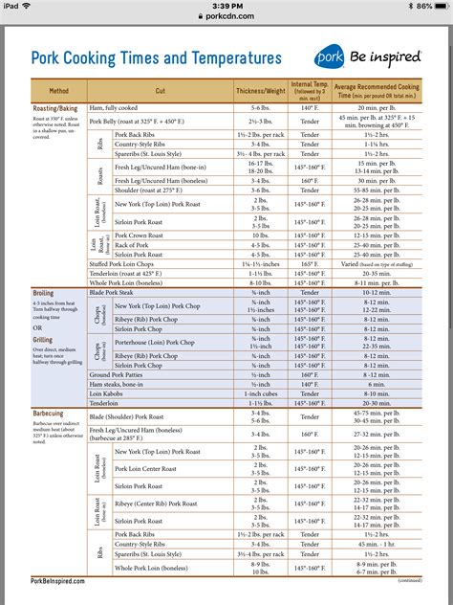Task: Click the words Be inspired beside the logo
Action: [x=393, y=57]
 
